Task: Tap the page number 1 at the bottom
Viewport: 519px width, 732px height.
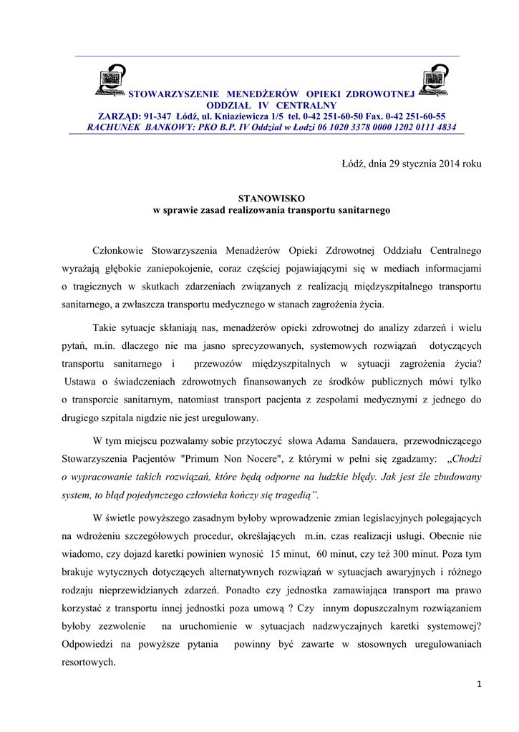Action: [479, 686]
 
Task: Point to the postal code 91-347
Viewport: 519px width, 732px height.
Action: [158, 116]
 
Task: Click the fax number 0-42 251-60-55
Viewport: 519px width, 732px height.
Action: [415, 116]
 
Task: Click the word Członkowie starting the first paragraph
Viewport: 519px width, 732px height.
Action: [119, 250]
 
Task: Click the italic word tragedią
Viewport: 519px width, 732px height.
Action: [294, 495]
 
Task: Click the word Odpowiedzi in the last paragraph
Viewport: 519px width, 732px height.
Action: [87, 644]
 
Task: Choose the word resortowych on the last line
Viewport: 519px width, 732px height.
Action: [89, 663]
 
